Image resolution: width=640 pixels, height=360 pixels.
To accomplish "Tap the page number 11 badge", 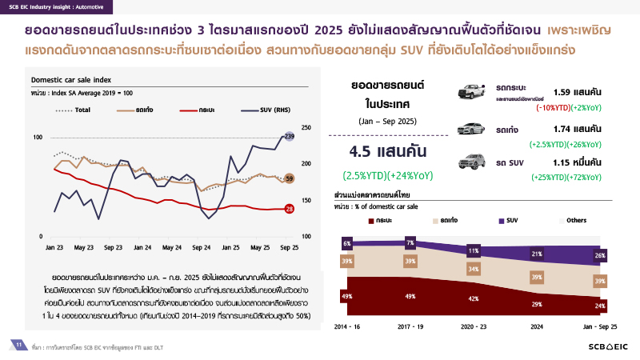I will click(18, 344).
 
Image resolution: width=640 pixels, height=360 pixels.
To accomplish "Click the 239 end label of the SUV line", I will click(290, 138).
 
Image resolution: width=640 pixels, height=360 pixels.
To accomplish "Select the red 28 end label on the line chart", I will click(290, 209).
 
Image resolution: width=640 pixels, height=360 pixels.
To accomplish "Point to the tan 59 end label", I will click(290, 178).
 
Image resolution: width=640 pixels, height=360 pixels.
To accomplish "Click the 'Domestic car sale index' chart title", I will click(71, 80).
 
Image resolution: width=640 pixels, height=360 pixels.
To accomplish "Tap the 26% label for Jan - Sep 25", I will click(600, 256).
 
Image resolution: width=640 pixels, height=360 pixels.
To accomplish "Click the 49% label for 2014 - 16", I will click(347, 296).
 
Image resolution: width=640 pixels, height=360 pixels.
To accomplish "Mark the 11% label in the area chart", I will click(474, 250).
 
